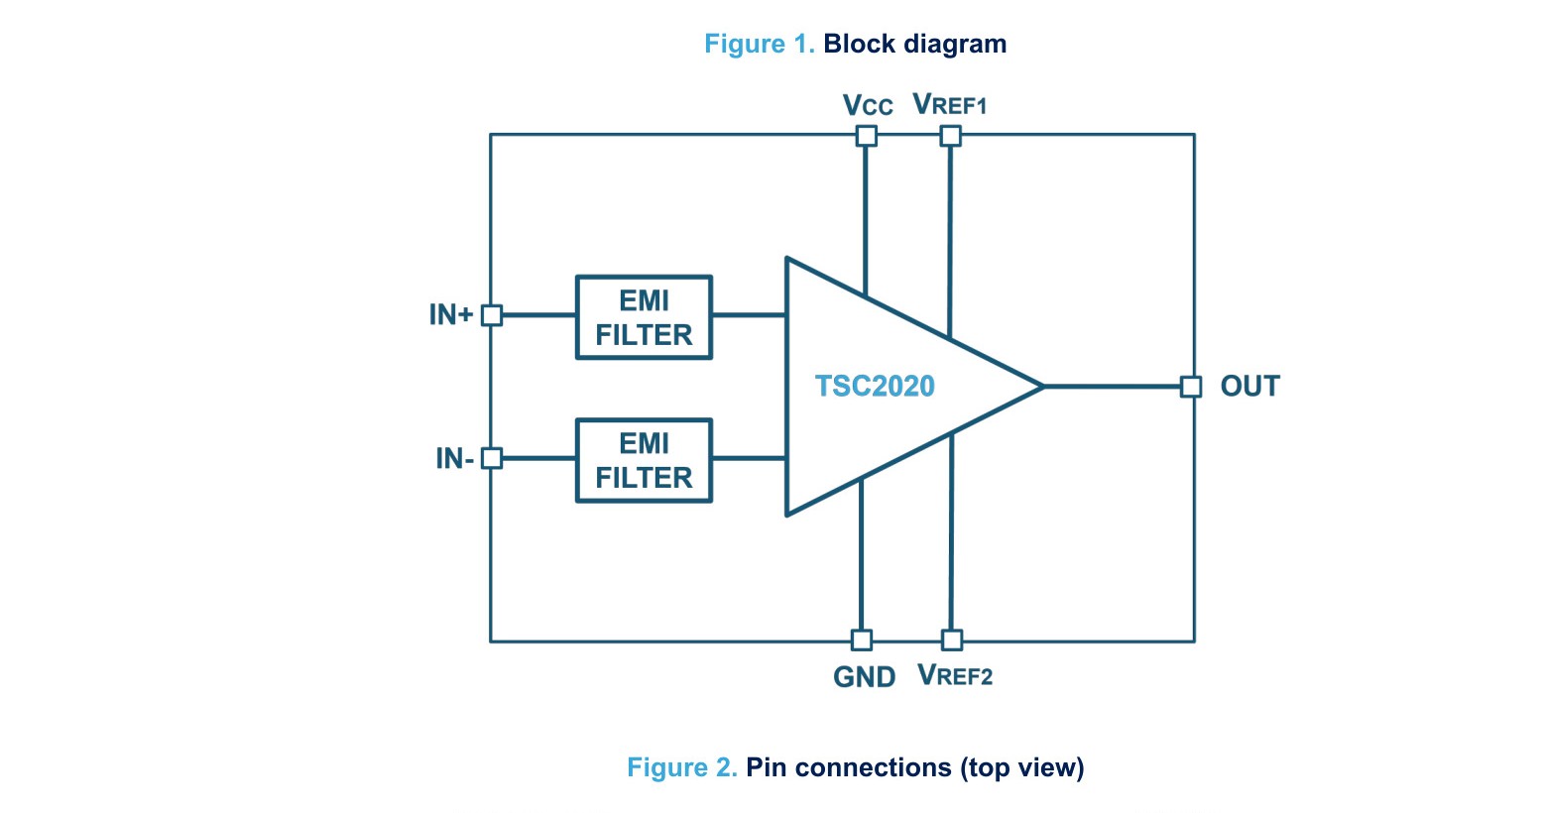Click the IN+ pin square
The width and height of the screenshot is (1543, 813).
(492, 315)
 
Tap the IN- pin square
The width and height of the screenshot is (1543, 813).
(492, 458)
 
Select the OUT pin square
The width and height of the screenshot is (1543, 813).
(1191, 387)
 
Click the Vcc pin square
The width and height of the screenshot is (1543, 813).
(867, 136)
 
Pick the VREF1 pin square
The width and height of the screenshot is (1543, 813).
(951, 136)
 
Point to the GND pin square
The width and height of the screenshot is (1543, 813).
(862, 640)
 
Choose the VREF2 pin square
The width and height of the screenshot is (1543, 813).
(952, 640)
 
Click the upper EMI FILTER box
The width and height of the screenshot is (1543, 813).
(644, 317)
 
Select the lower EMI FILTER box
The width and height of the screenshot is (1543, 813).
(644, 460)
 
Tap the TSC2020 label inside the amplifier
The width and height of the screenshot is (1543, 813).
(875, 386)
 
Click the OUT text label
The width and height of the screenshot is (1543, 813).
(1250, 386)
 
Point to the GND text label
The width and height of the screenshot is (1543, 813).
(865, 677)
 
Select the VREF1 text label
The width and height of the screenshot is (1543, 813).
(950, 104)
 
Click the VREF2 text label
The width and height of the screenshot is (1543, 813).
(955, 675)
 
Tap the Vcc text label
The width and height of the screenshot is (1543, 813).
(868, 105)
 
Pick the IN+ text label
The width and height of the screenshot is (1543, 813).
(451, 315)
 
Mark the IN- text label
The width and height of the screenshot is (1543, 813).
(454, 458)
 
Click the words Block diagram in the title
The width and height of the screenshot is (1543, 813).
(914, 44)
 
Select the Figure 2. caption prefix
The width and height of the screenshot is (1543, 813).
(682, 766)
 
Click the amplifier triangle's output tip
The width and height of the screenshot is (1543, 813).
(1043, 387)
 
